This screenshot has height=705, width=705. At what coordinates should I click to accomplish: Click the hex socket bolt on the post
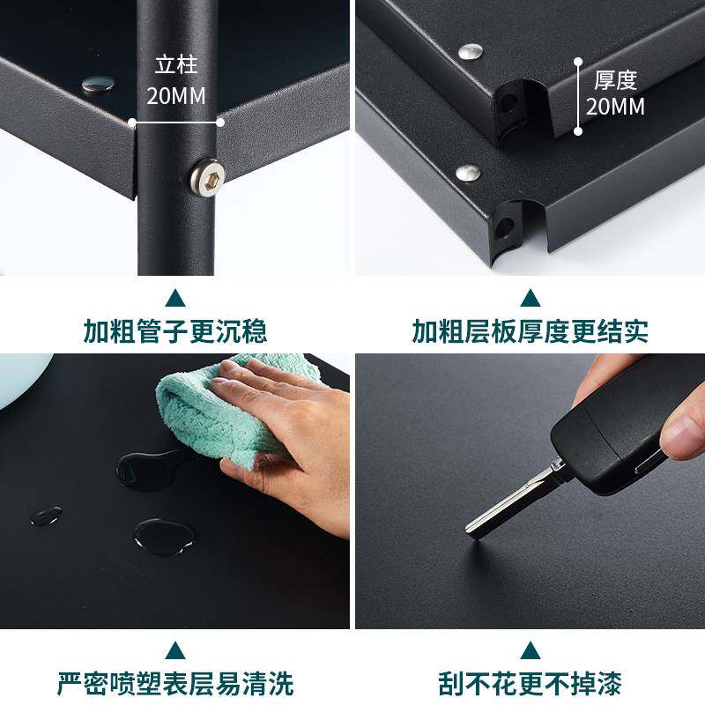207,178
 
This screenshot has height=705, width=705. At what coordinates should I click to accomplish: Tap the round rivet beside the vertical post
98,85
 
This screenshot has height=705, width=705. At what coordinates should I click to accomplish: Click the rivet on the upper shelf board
471,52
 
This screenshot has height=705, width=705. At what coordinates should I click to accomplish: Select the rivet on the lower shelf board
468,172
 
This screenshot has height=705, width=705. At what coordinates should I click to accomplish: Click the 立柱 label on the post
176,65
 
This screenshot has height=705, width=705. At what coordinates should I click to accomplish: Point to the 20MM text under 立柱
176,96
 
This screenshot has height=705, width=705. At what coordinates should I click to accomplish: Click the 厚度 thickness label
615,80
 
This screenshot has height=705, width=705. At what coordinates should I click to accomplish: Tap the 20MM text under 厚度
615,107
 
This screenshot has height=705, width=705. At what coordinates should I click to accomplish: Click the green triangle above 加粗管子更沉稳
175,298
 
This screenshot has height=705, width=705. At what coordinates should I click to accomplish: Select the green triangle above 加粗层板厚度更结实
531,298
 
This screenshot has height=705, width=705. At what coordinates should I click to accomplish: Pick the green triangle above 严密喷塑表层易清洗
175,650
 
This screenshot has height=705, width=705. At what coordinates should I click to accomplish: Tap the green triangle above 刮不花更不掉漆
531,650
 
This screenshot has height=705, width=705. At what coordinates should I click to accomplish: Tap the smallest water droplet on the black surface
47,516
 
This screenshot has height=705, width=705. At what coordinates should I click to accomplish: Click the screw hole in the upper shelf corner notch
508,104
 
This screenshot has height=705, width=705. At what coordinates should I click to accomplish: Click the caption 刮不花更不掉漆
531,684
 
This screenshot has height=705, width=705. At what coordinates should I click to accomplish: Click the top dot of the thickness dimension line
578,61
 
